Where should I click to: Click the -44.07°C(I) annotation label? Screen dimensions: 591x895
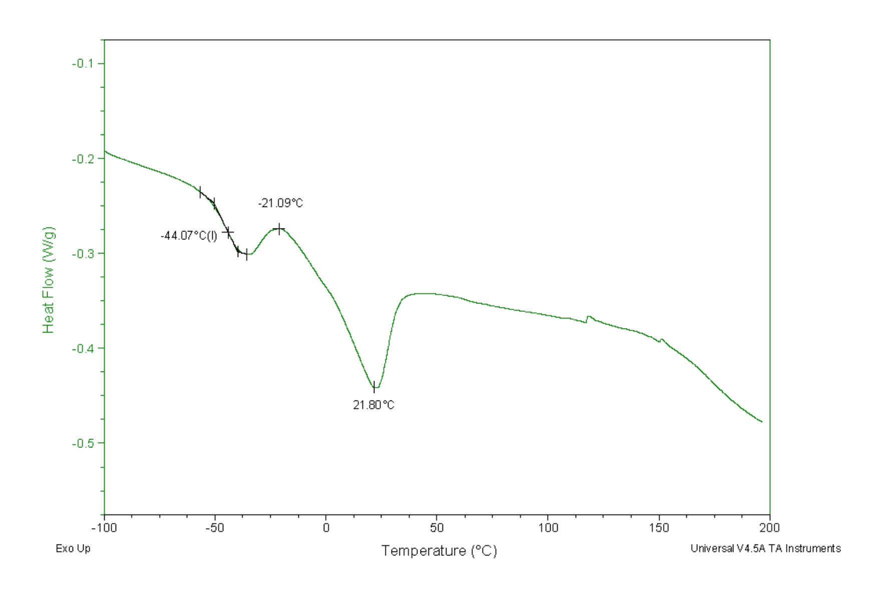pos(189,235)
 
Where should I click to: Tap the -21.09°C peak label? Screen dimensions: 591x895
pos(280,203)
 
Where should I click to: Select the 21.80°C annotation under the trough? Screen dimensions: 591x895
pos(373,405)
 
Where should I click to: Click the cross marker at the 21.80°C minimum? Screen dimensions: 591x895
pos(374,386)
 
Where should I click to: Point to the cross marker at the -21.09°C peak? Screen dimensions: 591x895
pos(279,229)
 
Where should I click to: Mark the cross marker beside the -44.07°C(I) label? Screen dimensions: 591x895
pos(228,232)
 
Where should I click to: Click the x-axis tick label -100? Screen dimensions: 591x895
pos(104,527)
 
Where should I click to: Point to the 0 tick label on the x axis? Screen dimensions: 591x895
pos(326,527)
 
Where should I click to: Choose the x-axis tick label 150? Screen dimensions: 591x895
pos(659,527)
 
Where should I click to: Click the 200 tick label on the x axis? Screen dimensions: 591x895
pos(770,527)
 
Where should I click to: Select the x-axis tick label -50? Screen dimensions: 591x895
pos(215,527)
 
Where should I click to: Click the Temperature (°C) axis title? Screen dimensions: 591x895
pos(439,550)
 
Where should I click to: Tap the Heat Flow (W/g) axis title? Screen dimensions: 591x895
pos(48,280)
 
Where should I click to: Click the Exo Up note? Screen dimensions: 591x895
pos(73,548)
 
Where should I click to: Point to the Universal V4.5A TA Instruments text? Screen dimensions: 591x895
pos(765,548)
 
